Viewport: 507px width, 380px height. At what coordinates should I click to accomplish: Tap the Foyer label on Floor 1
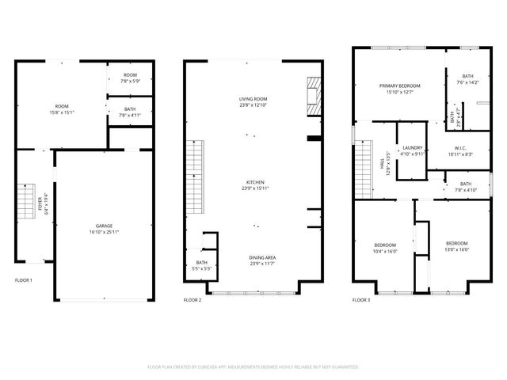click(x=47, y=203)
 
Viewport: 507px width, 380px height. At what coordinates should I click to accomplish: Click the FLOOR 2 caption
click(x=193, y=300)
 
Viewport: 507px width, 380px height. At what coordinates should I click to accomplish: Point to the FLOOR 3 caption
click(x=361, y=300)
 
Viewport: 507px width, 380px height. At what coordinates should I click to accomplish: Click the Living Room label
click(x=254, y=101)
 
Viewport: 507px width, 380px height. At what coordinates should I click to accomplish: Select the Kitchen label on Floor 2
click(x=254, y=185)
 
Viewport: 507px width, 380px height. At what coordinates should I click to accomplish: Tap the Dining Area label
click(x=254, y=260)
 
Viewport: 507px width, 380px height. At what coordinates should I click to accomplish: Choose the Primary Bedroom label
click(x=399, y=89)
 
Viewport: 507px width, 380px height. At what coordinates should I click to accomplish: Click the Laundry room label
click(x=412, y=150)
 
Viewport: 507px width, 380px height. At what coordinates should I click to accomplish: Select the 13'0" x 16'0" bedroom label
click(x=457, y=246)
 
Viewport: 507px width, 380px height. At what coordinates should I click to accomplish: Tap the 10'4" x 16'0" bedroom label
click(x=385, y=246)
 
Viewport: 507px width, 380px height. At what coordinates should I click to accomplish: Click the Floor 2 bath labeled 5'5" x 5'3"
click(x=201, y=266)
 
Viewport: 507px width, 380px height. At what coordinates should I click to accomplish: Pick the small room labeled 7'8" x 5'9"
click(x=129, y=78)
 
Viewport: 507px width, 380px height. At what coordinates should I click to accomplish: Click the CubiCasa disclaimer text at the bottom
click(x=253, y=367)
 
